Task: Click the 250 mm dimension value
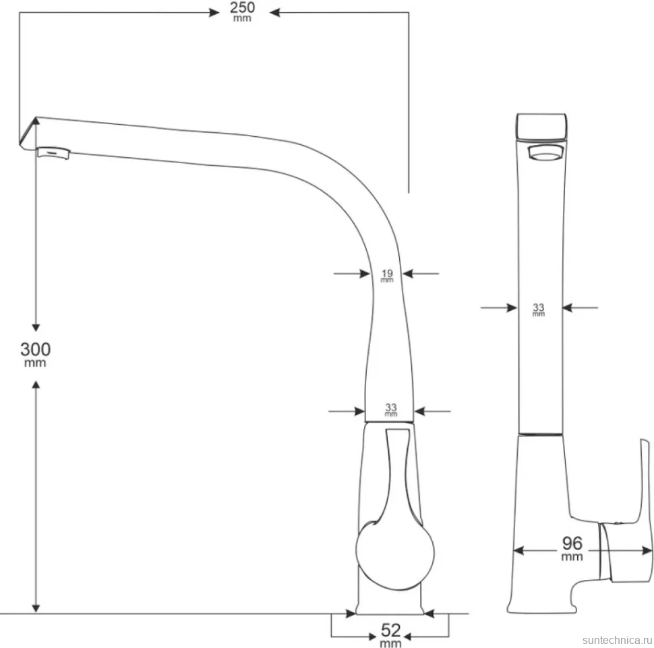[242, 11]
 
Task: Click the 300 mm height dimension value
[36, 354]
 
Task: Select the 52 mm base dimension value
[390, 635]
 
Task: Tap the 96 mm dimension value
[572, 548]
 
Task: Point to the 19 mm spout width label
[387, 275]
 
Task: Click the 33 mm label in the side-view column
[539, 310]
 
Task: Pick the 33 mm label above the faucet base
[391, 410]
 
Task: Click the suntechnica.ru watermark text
[618, 640]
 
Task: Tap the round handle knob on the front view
[395, 554]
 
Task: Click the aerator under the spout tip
[54, 152]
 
